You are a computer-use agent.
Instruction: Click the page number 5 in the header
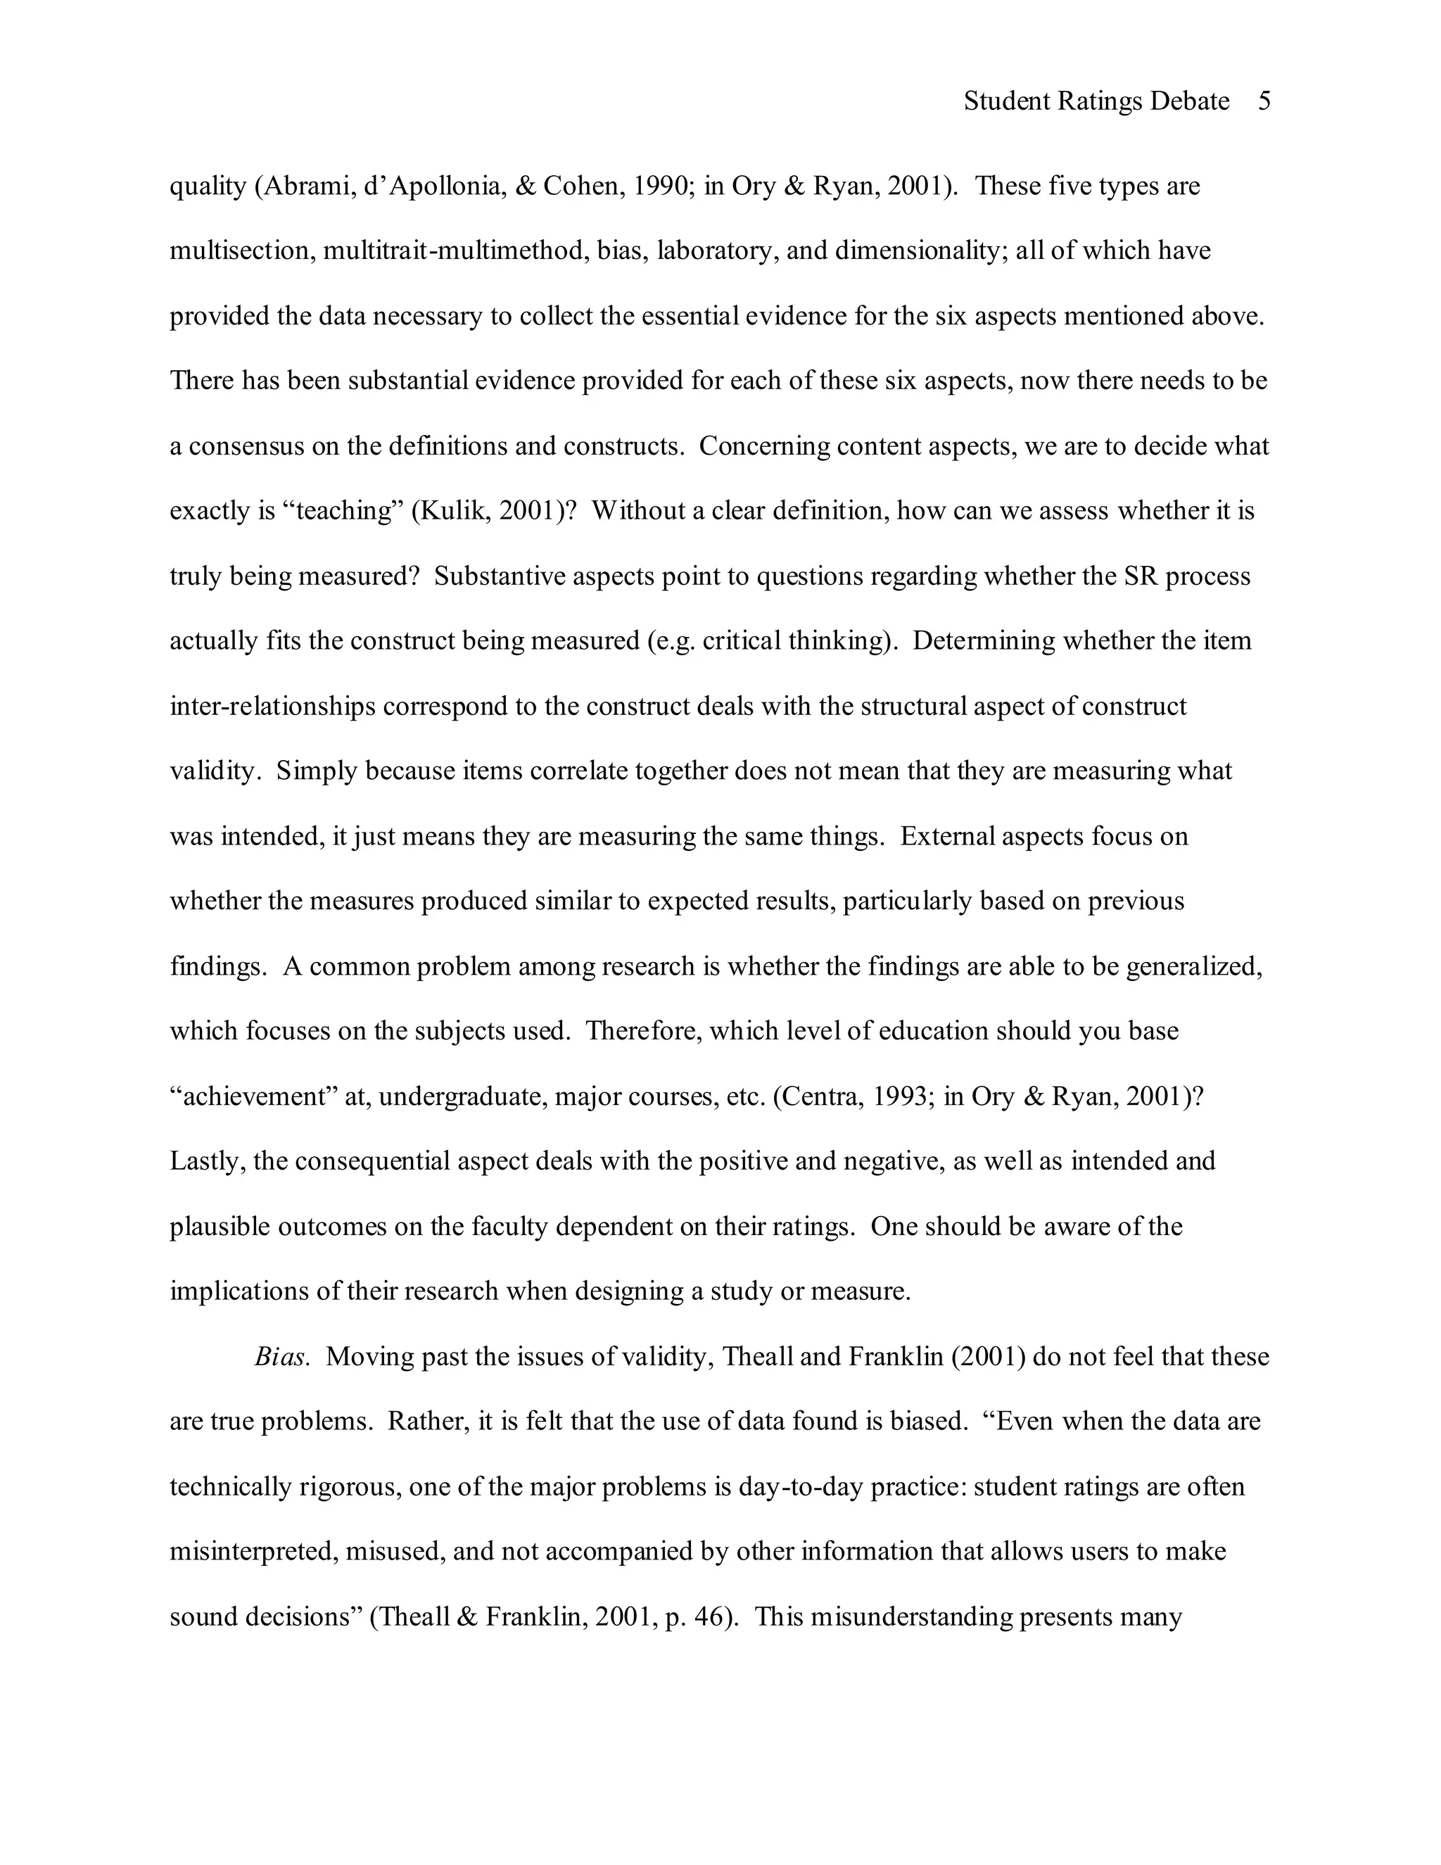(x=1264, y=101)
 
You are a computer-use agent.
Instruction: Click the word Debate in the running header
(x=1189, y=101)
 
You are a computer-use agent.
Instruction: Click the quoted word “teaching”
(x=343, y=512)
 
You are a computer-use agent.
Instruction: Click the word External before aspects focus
(x=948, y=837)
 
